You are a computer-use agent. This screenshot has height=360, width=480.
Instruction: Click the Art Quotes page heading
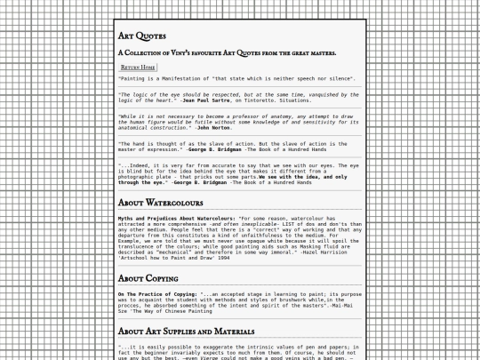click(142, 36)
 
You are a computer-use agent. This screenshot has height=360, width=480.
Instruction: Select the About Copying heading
click(148, 278)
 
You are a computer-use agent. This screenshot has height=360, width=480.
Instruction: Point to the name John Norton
click(215, 128)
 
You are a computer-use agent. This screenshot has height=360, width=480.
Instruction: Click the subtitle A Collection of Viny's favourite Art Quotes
click(227, 52)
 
